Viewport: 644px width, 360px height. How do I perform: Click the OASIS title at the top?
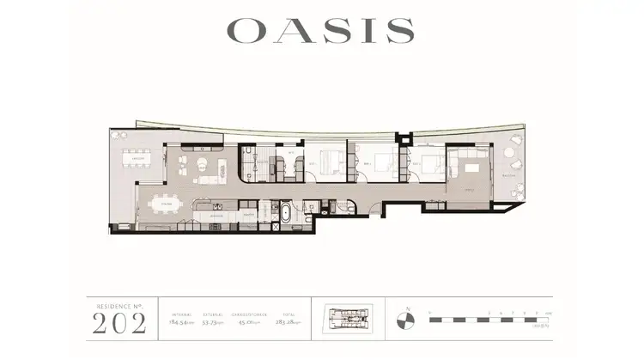coord(320,30)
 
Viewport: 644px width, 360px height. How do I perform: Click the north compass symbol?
coord(406,320)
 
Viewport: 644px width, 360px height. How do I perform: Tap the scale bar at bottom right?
coord(489,319)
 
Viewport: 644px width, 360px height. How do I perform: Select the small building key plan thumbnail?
coord(349,318)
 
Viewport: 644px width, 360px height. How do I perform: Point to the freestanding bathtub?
coord(283,211)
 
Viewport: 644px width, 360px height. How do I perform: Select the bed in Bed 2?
coord(383,161)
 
